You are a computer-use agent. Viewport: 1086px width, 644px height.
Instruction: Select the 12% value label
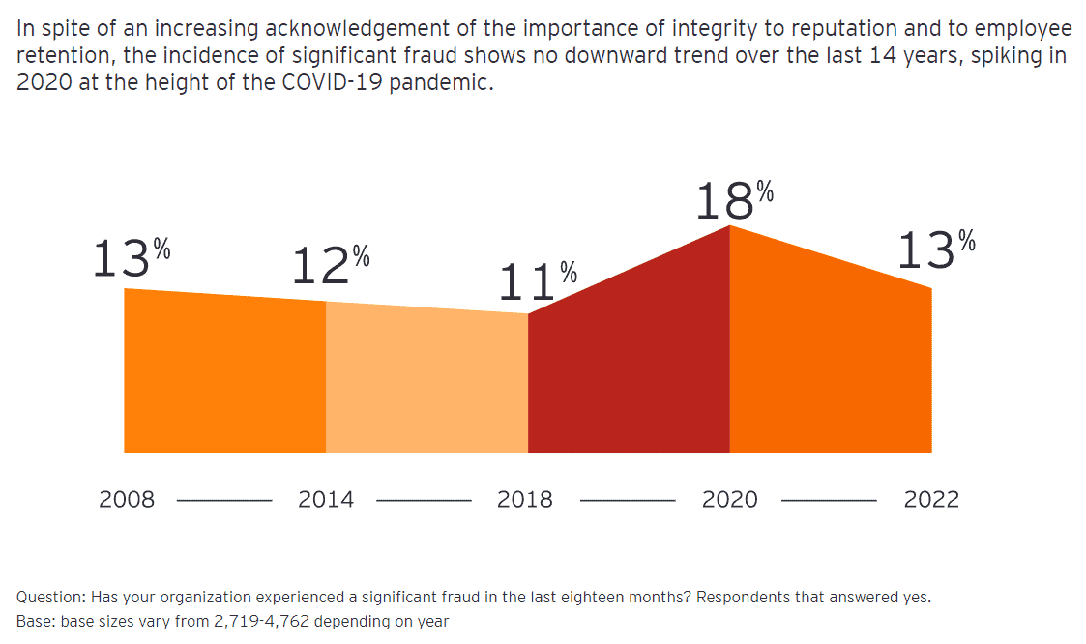point(331,265)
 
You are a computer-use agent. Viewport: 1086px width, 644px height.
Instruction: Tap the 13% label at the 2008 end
point(131,258)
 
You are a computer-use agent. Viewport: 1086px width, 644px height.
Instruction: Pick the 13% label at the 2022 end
point(935,250)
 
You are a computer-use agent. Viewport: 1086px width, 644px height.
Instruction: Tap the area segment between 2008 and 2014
point(224,377)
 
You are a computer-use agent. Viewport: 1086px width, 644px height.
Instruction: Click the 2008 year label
point(127,500)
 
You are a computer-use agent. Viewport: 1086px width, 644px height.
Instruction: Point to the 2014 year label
point(326,500)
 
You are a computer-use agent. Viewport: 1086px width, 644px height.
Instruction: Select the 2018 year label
point(525,500)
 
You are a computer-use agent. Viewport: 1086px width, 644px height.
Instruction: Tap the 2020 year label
point(730,500)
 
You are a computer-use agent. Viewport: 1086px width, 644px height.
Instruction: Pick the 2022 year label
point(931,500)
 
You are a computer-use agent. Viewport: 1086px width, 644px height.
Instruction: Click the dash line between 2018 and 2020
point(627,501)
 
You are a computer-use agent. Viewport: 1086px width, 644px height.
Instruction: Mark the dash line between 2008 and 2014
point(225,501)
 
